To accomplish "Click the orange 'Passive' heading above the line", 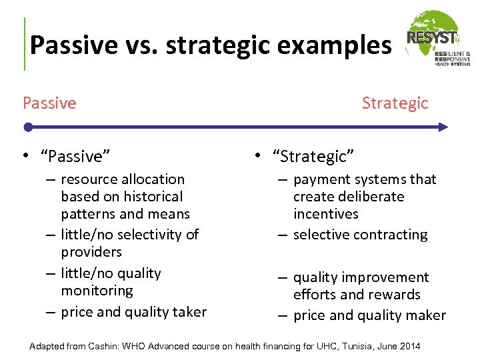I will pyautogui.click(x=49, y=103).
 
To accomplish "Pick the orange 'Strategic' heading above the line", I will pyautogui.click(x=395, y=103).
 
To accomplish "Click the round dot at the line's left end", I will pyautogui.click(x=27, y=127).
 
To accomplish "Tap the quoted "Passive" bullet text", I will pyautogui.click(x=75, y=157).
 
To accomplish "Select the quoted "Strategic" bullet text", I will pyautogui.click(x=313, y=157).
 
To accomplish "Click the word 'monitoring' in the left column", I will pyautogui.click(x=97, y=291).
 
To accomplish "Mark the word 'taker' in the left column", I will pyautogui.click(x=189, y=312).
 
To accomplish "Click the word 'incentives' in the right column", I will pyautogui.click(x=325, y=214).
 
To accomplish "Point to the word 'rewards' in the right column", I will pyautogui.click(x=397, y=295).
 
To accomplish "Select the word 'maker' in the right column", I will pyautogui.click(x=426, y=316).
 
